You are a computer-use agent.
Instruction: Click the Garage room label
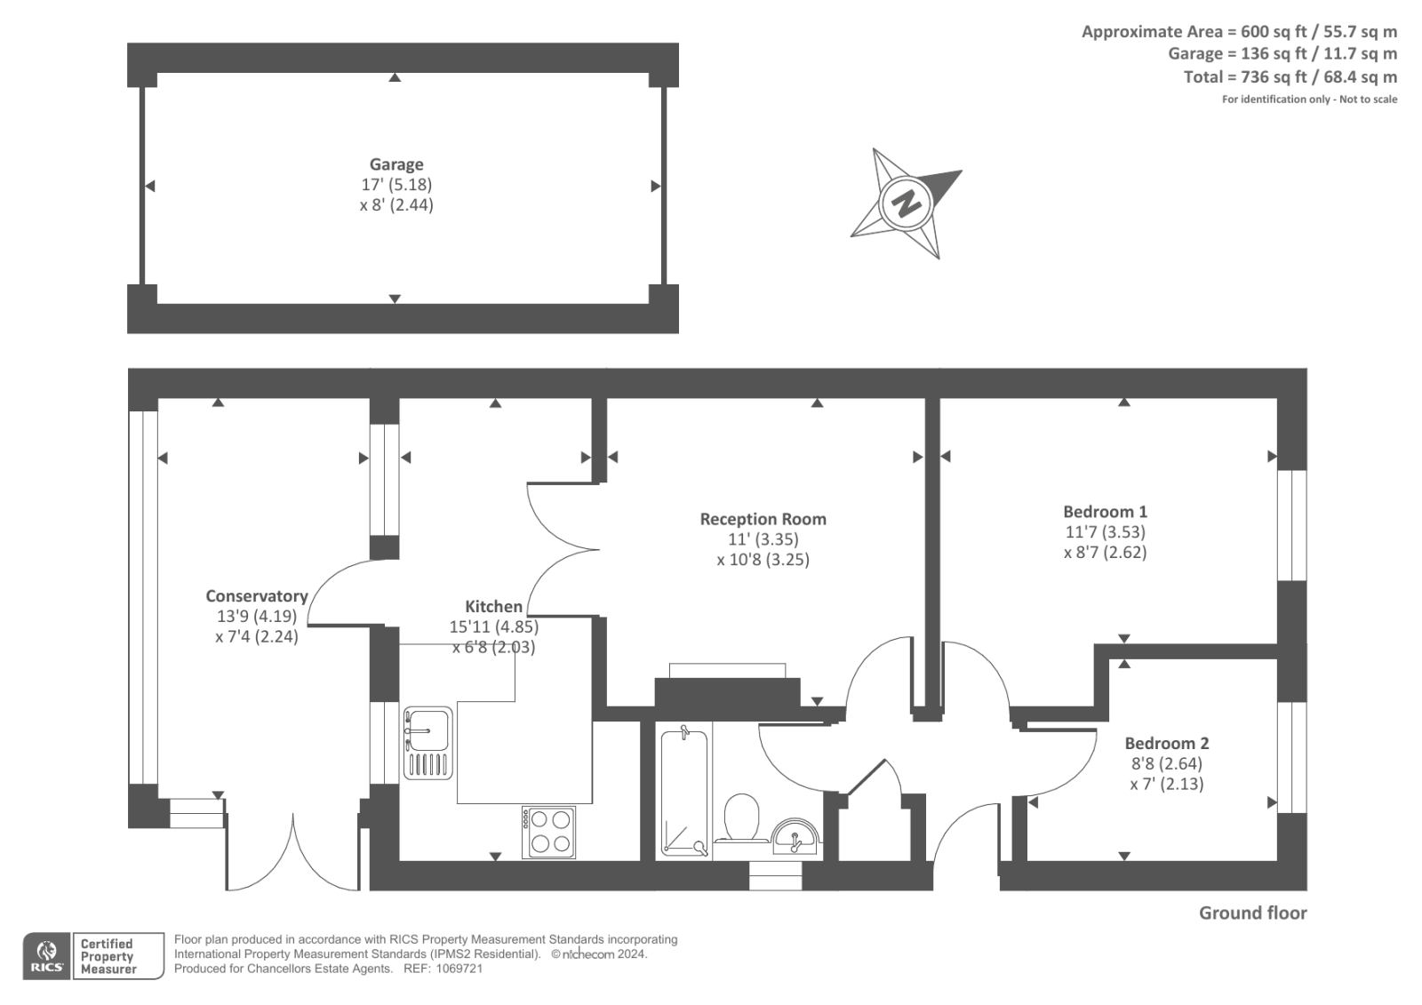click(x=396, y=164)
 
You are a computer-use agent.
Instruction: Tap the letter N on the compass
click(x=906, y=203)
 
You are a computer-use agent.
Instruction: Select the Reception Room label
click(x=763, y=519)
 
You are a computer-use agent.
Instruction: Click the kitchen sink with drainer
click(x=427, y=743)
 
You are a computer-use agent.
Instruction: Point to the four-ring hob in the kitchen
click(x=548, y=832)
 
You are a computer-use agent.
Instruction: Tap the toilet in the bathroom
click(x=741, y=818)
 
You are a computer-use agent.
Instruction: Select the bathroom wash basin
click(x=795, y=837)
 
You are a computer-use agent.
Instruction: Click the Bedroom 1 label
click(x=1105, y=512)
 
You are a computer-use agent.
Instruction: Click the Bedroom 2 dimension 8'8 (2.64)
click(x=1166, y=763)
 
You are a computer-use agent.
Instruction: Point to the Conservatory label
click(x=257, y=596)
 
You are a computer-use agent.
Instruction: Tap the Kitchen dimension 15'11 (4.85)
click(x=493, y=626)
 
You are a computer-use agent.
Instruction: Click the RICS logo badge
click(x=46, y=956)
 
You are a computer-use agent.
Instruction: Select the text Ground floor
click(x=1252, y=913)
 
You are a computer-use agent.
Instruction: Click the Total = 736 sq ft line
click(x=1290, y=77)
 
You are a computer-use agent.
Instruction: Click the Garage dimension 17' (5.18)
click(x=396, y=185)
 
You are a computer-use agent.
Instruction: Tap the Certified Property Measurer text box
click(x=118, y=956)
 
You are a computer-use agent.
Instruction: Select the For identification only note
click(x=1309, y=100)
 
